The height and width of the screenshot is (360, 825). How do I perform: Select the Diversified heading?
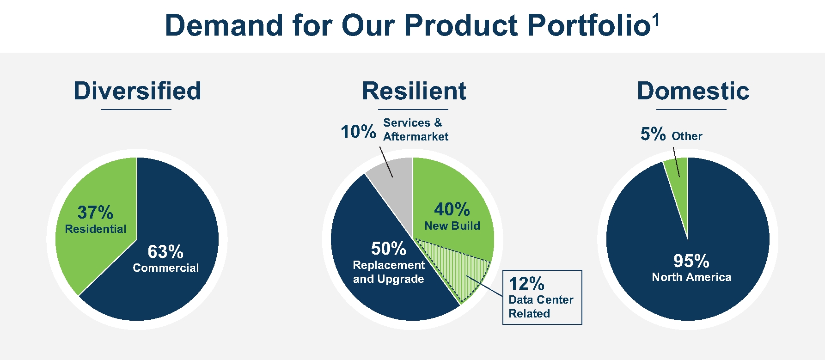click(137, 91)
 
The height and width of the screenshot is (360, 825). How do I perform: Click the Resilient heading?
click(414, 91)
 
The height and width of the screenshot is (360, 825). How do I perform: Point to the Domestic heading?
click(693, 91)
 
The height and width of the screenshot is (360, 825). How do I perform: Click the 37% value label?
click(95, 213)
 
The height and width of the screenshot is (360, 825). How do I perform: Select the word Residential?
click(96, 229)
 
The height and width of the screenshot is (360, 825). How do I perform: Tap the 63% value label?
click(165, 252)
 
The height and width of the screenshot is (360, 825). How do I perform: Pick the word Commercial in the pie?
click(165, 268)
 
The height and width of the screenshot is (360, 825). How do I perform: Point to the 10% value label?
click(358, 132)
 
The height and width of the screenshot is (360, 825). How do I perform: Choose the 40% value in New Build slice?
click(452, 209)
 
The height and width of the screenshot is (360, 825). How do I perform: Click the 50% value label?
click(389, 249)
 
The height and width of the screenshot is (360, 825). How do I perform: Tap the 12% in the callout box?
click(526, 283)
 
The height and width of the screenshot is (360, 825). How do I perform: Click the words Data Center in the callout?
click(541, 299)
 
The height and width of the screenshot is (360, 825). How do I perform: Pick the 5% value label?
click(653, 134)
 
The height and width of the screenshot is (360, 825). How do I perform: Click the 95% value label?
click(691, 261)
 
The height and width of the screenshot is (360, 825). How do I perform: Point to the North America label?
click(691, 277)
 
